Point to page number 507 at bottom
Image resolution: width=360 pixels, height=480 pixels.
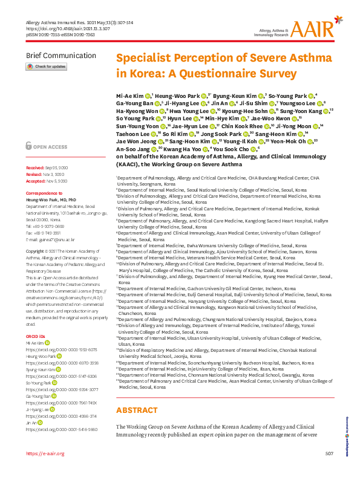click(x=329, y=470)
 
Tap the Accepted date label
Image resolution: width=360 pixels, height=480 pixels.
click(x=36, y=181)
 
